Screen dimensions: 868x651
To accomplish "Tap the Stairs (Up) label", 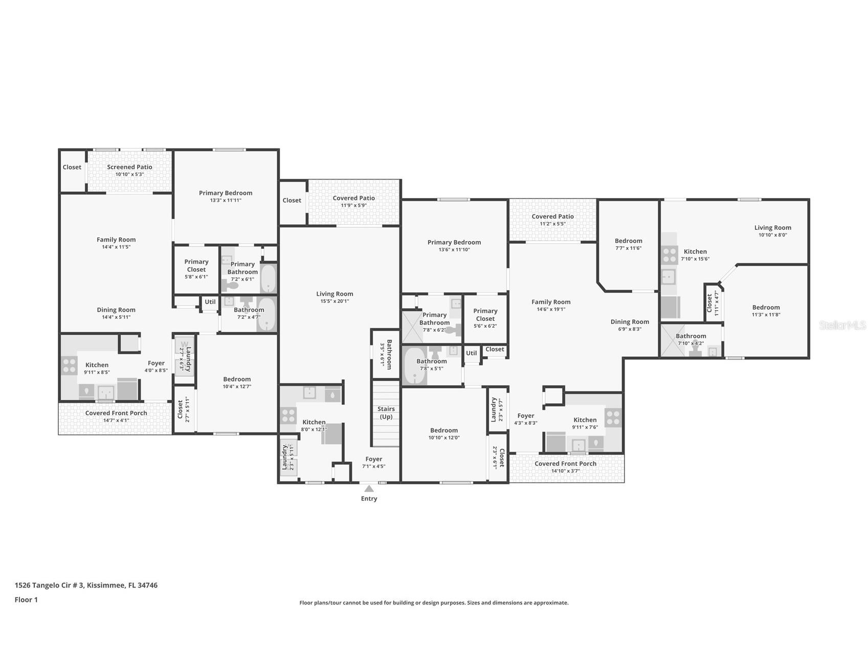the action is (x=386, y=413).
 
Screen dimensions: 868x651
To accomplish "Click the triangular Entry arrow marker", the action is (x=369, y=489).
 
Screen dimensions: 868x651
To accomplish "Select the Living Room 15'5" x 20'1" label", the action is (x=335, y=297).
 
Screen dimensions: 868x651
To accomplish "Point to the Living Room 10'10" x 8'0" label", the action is (x=772, y=231).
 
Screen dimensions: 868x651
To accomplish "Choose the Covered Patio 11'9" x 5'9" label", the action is (x=354, y=202).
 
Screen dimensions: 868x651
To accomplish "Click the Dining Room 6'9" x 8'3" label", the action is (x=630, y=325).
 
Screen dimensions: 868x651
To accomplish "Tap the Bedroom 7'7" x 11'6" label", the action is (x=628, y=244).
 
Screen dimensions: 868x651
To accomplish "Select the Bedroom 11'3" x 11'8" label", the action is (x=766, y=311).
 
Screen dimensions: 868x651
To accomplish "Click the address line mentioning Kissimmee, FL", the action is (x=86, y=585).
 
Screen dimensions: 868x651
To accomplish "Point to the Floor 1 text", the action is (x=26, y=600).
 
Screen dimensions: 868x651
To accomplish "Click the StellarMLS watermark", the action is (x=842, y=325).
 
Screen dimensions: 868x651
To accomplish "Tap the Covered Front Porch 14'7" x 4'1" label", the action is (x=116, y=417).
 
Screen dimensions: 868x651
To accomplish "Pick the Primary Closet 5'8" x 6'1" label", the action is (x=196, y=269).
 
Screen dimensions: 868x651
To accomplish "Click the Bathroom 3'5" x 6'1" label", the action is (x=385, y=354).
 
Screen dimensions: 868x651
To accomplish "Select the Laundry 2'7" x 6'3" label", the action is (x=185, y=359).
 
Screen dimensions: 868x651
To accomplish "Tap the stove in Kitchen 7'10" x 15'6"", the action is (x=670, y=254).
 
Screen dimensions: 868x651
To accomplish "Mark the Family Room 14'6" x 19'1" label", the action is (x=551, y=306).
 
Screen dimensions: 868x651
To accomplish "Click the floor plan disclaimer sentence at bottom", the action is (x=434, y=603).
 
